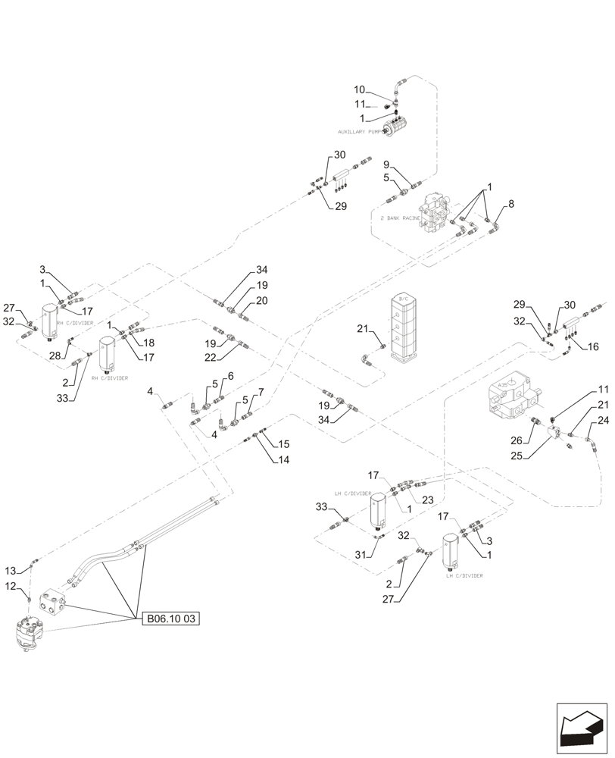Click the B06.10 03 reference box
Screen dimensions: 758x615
170,619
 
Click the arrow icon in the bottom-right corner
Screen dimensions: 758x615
582,728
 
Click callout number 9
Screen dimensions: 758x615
386,165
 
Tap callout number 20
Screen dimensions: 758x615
261,300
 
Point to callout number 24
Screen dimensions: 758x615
603,421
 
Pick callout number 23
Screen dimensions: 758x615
427,500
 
